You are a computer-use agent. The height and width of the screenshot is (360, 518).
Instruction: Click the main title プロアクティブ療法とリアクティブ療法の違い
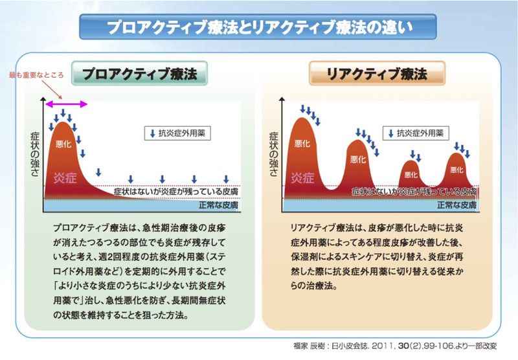[x=259, y=28]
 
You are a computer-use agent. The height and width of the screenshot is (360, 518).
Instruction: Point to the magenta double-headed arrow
[x=64, y=103]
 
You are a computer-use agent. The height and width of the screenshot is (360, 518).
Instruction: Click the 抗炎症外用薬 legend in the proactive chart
[x=175, y=134]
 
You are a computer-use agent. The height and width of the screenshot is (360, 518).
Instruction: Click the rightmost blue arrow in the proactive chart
[x=226, y=179]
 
